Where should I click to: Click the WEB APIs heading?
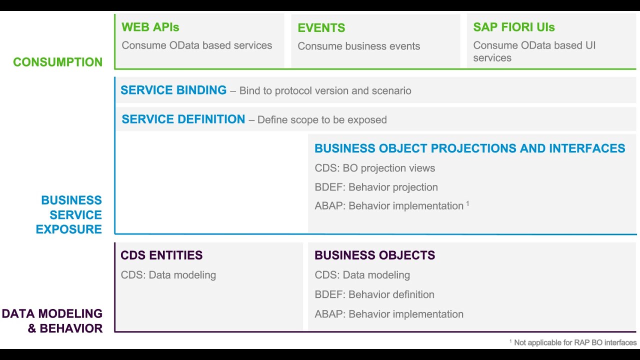[x=150, y=27]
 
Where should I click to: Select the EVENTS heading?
[x=321, y=28]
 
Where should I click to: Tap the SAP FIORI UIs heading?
[x=513, y=27]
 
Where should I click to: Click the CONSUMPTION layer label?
[x=57, y=62]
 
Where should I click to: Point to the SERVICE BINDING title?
[x=173, y=90]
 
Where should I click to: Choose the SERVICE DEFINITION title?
[x=183, y=119]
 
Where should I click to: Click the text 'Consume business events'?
[x=358, y=46]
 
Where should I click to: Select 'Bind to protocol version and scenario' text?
[x=325, y=91]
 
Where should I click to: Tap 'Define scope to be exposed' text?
[x=322, y=120]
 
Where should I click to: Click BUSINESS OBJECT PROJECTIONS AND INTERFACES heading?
[x=469, y=148]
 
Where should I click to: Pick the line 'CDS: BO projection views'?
[x=374, y=168]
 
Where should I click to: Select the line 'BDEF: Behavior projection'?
[x=376, y=187]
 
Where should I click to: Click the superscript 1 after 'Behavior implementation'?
[x=467, y=203]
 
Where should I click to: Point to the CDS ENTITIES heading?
[x=161, y=255]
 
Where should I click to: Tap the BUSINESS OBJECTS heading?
[x=374, y=255]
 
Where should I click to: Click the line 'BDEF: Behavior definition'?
[x=374, y=294]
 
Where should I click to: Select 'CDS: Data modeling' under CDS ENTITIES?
[x=168, y=275]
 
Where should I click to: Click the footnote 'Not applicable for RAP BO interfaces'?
[x=574, y=342]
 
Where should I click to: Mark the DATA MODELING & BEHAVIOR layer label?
[x=52, y=321]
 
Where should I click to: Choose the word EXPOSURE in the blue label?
[x=68, y=229]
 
